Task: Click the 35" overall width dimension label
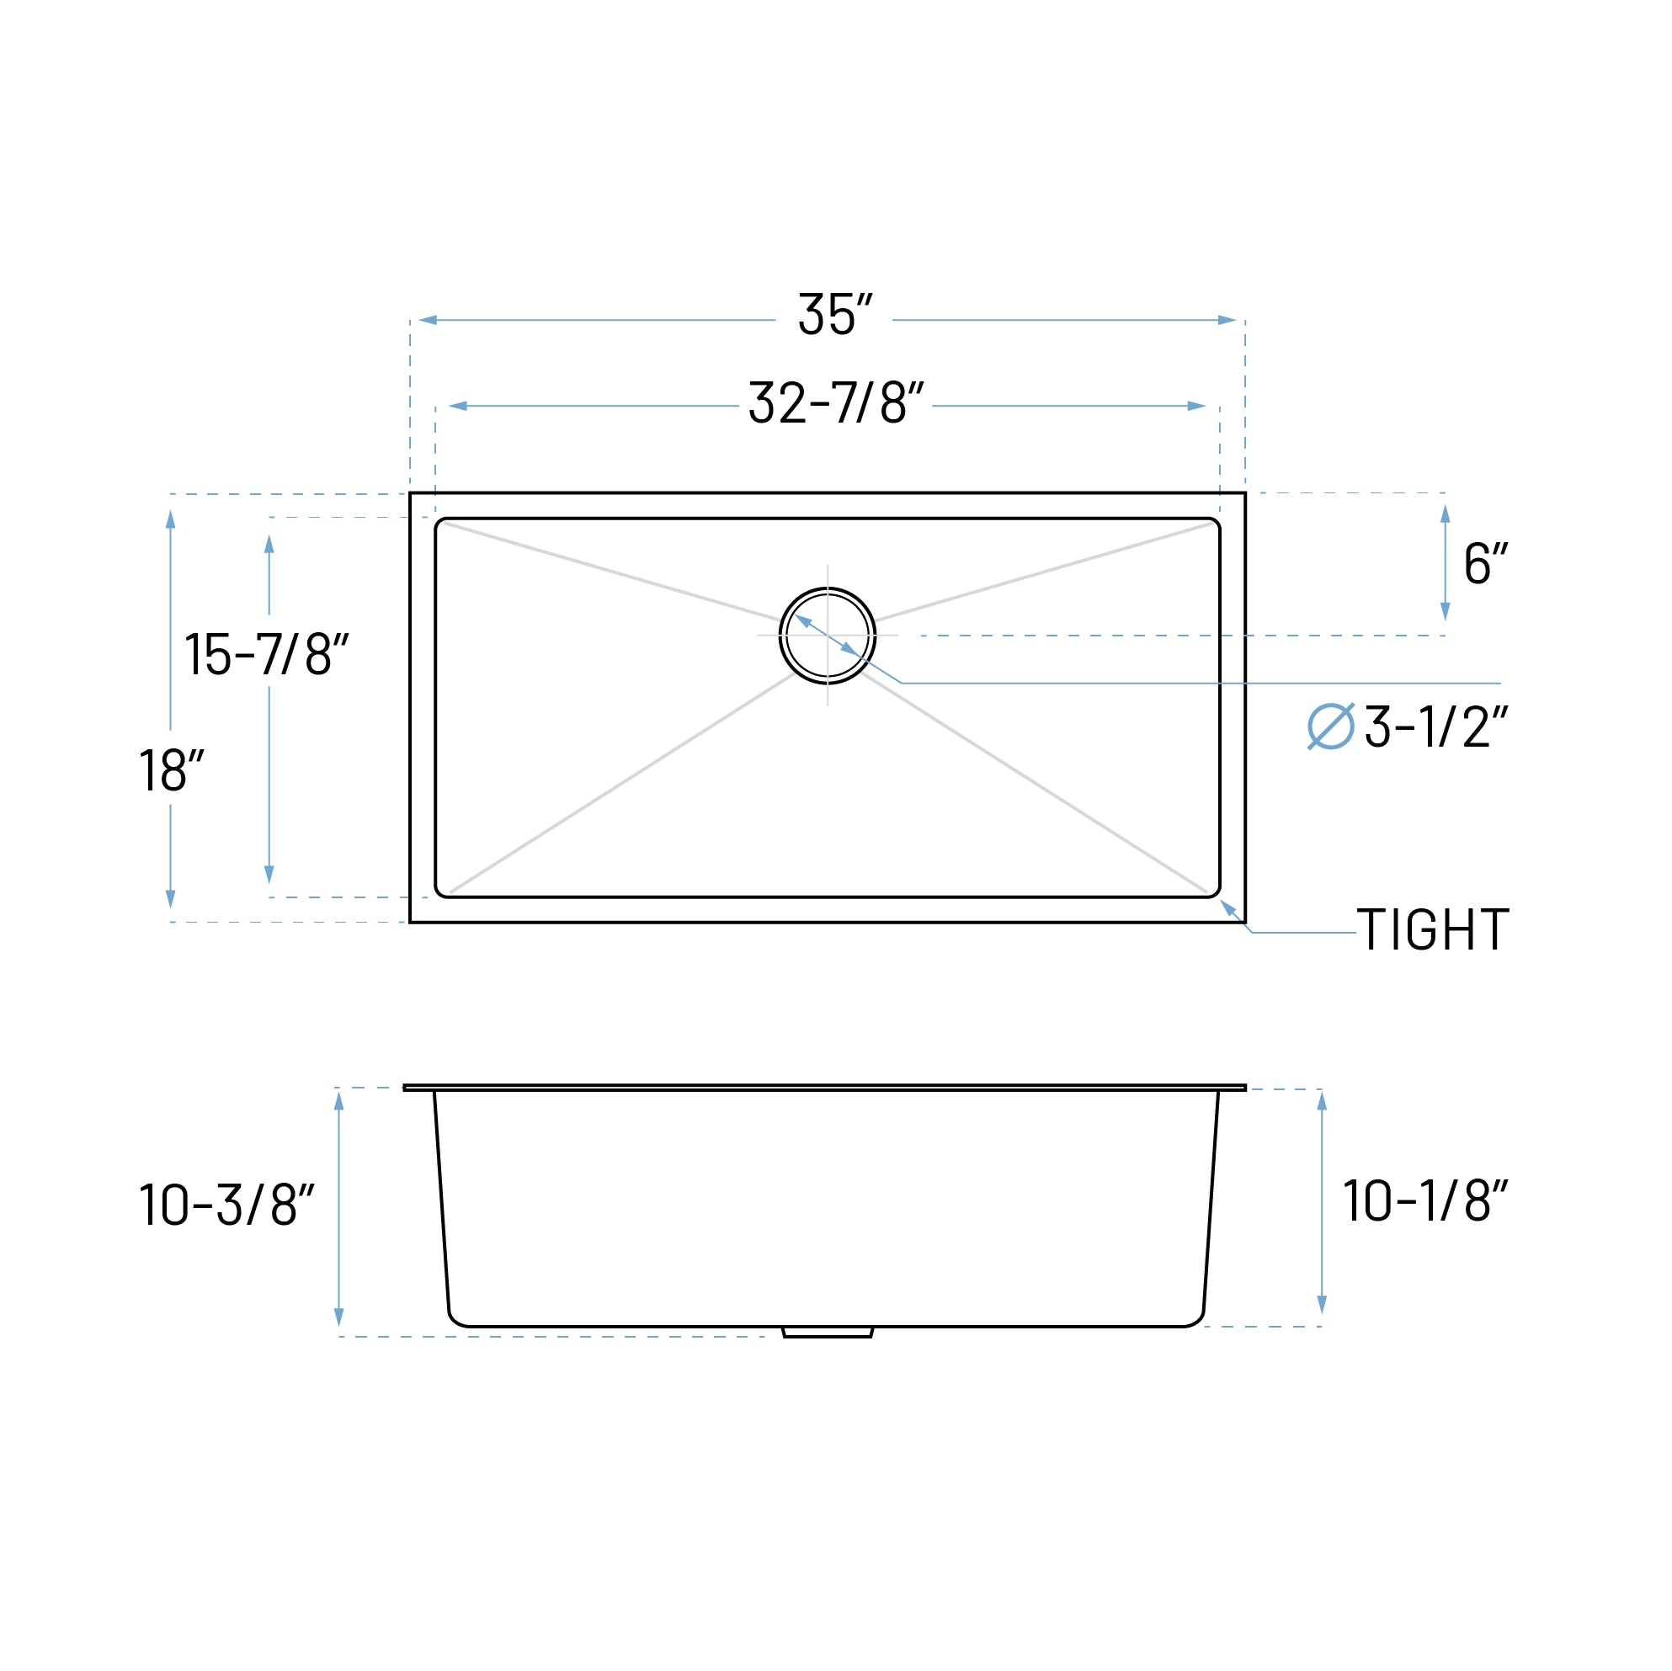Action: (x=834, y=314)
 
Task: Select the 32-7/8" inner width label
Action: (x=836, y=402)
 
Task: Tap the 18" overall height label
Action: (x=172, y=769)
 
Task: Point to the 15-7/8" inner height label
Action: (x=267, y=653)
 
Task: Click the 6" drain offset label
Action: (x=1485, y=563)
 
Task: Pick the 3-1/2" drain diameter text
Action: (x=1436, y=726)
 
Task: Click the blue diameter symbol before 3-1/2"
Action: (x=1330, y=726)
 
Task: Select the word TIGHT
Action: (x=1432, y=929)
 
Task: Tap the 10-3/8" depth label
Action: (x=226, y=1204)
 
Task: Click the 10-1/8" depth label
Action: (x=1425, y=1200)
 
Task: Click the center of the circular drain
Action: (x=828, y=636)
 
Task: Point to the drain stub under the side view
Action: (x=828, y=1332)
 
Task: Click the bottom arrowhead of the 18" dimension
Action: (x=171, y=898)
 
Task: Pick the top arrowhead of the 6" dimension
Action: (x=1445, y=514)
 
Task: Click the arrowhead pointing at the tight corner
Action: (x=1227, y=906)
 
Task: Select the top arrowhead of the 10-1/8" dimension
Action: (x=1322, y=1101)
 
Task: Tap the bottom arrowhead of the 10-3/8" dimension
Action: (x=339, y=1317)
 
